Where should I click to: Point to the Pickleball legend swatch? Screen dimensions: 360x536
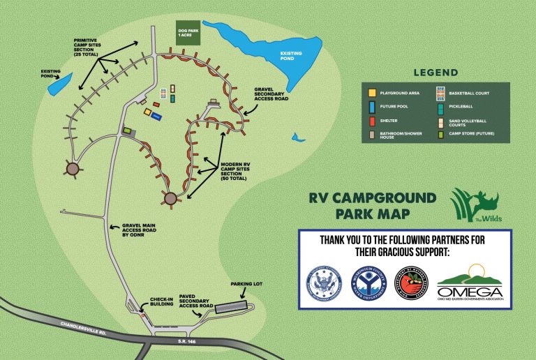[x=440, y=107]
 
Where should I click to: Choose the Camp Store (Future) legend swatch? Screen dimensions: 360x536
[x=440, y=135]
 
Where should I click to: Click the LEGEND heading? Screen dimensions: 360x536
[x=435, y=73]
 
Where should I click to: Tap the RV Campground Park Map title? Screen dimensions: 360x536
[x=373, y=206]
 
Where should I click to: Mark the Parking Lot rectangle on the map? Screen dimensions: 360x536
[x=231, y=307]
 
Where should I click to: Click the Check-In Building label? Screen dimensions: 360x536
[x=166, y=302]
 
